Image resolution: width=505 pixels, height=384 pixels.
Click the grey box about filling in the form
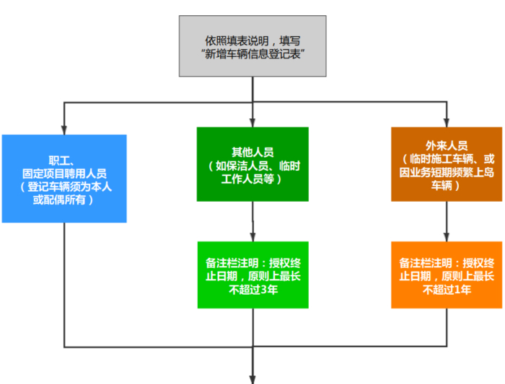[x=252, y=46]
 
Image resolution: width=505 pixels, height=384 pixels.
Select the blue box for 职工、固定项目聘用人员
[x=64, y=178]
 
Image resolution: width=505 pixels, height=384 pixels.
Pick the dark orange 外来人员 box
[x=447, y=164]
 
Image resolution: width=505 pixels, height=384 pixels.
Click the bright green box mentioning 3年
[x=252, y=274]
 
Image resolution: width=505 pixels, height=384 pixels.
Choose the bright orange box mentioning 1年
[x=447, y=274]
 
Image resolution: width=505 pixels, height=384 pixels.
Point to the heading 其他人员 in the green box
[x=252, y=151]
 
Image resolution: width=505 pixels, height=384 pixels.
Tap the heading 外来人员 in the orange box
[x=447, y=145]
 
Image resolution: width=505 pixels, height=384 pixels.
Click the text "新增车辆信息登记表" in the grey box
[x=252, y=53]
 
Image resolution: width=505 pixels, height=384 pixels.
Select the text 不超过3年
[x=253, y=290]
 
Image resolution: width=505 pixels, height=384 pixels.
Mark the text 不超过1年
[x=447, y=290]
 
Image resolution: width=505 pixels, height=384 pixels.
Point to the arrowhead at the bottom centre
[x=252, y=378]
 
